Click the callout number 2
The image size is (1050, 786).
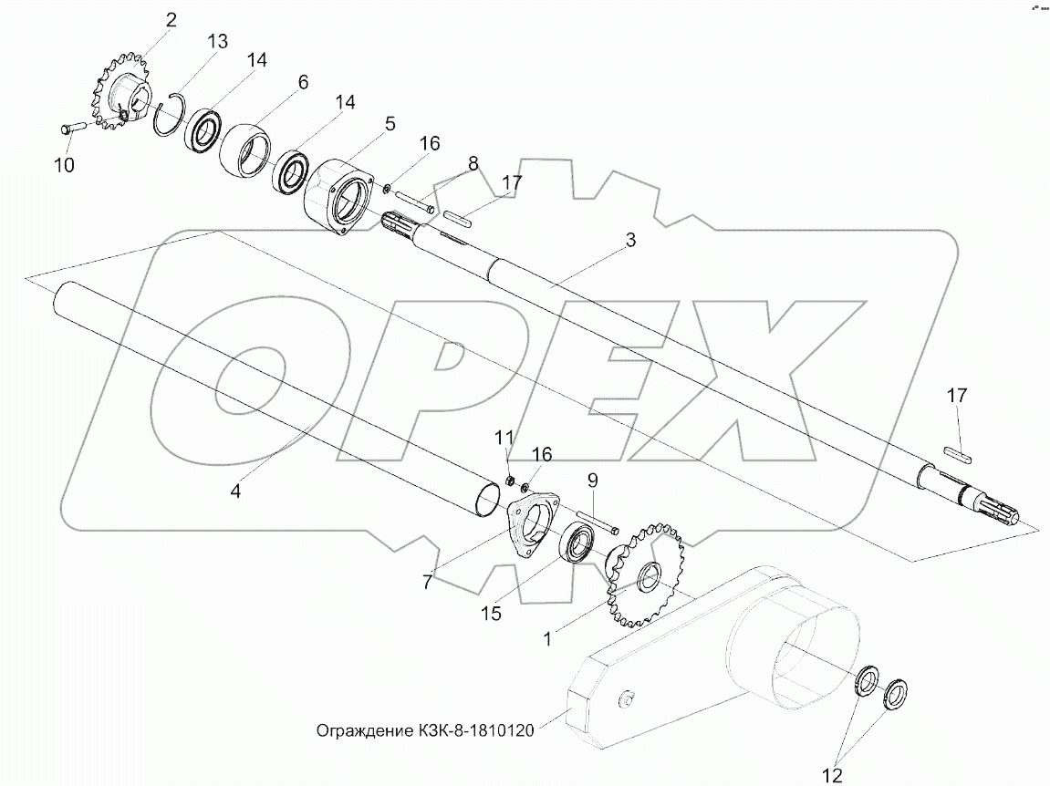click(171, 20)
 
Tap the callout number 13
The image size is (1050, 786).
click(217, 42)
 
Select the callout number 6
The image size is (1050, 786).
click(303, 82)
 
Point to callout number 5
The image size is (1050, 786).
click(389, 124)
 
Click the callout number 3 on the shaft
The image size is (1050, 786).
click(629, 241)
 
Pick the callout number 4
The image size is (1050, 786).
click(235, 491)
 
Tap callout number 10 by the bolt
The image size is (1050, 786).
click(64, 165)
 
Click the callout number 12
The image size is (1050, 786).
click(832, 775)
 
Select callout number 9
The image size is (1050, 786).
click(592, 480)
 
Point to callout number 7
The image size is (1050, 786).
click(427, 583)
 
